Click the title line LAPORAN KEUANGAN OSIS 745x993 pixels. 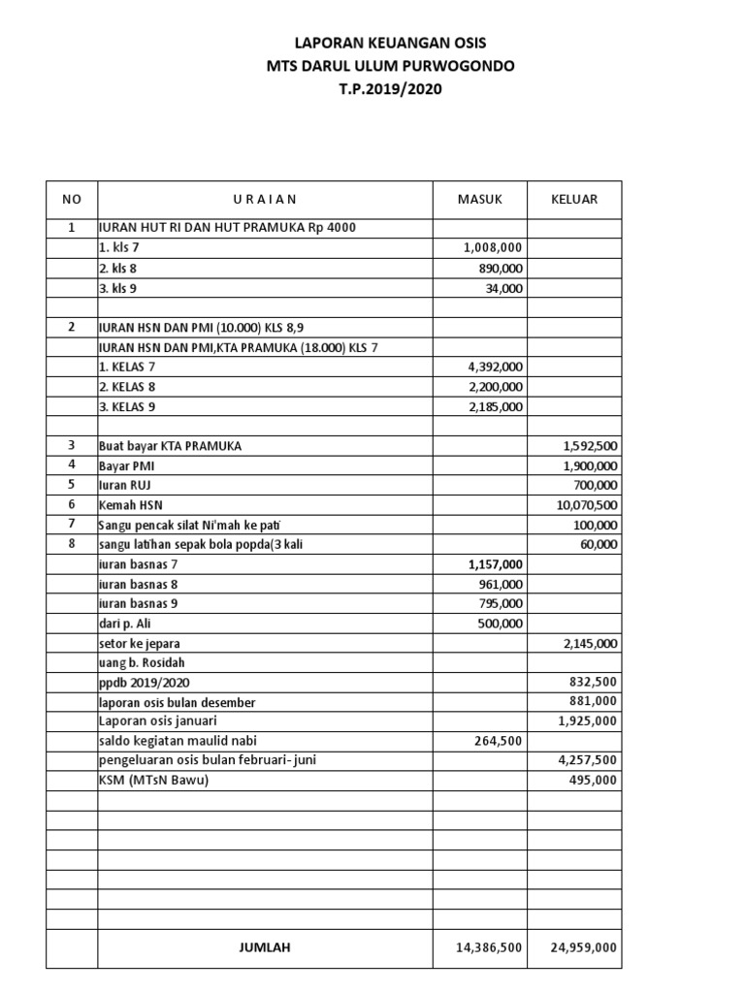(391, 44)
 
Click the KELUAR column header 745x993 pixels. (574, 200)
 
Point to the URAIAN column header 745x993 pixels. (265, 200)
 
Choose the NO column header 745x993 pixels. (72, 200)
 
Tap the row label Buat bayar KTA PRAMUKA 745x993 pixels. (170, 446)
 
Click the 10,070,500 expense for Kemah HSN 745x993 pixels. (587, 505)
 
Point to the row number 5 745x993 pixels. (72, 485)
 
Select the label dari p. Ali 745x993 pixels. (125, 624)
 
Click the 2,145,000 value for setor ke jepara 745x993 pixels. (590, 643)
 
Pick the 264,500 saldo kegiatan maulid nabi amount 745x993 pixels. (498, 741)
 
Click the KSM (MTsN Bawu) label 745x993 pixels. (154, 781)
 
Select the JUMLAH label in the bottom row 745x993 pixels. (265, 947)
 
